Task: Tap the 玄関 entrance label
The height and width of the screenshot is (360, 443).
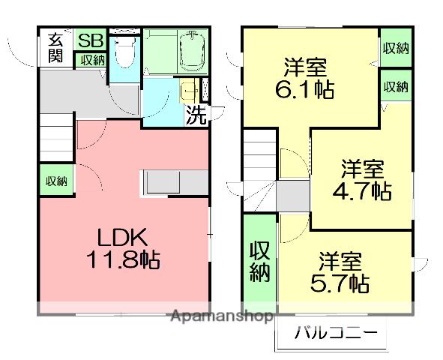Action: pyautogui.click(x=57, y=49)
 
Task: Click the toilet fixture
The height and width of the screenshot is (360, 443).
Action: pyautogui.click(x=124, y=54)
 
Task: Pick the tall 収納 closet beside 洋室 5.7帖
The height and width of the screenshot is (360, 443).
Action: pyautogui.click(x=259, y=259)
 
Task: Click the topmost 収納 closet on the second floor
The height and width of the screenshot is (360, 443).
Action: pyautogui.click(x=395, y=49)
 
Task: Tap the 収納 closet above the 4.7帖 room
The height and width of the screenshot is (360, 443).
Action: pyautogui.click(x=395, y=86)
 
